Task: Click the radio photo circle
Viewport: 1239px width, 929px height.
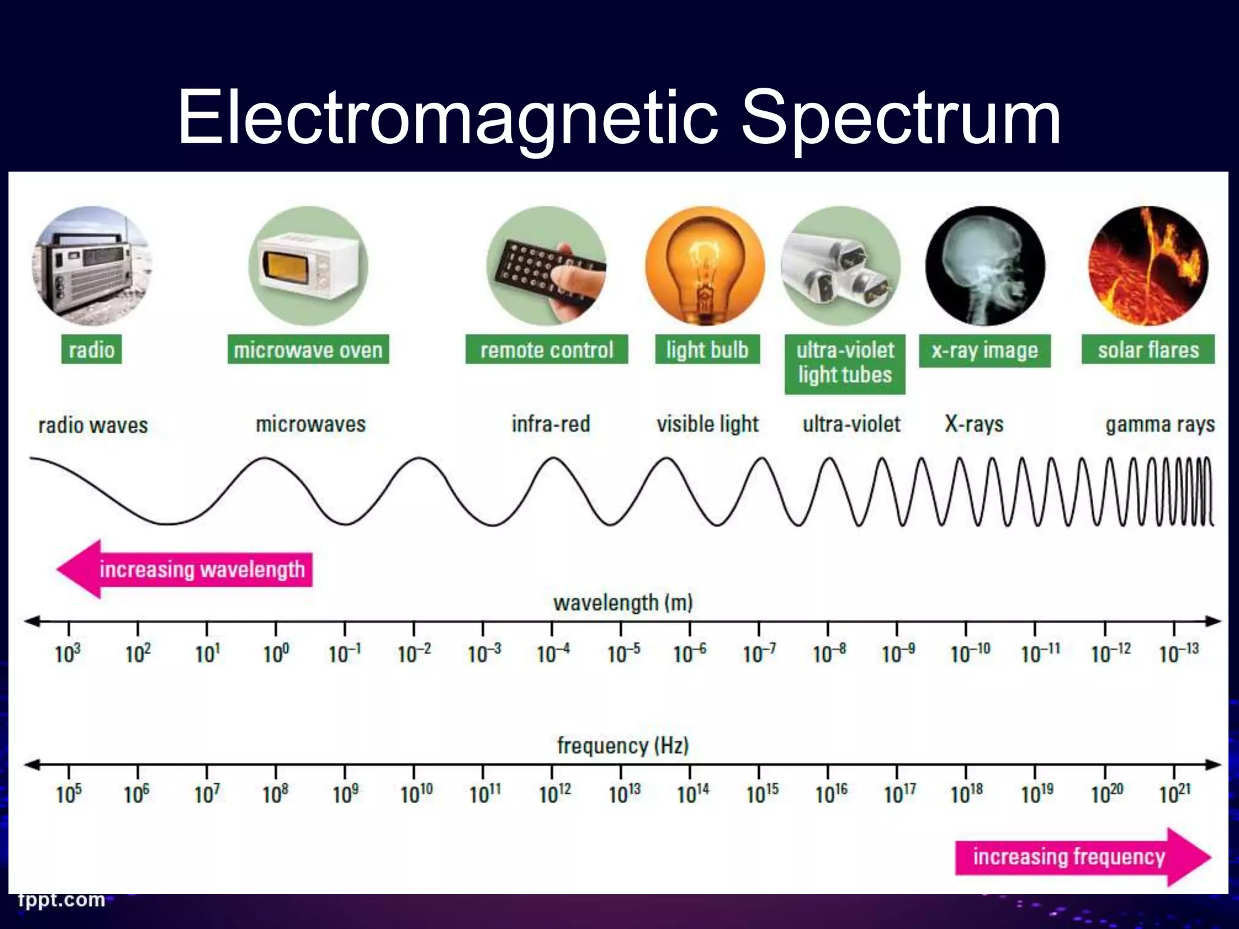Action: click(x=92, y=266)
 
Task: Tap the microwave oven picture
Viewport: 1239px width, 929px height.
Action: click(x=308, y=266)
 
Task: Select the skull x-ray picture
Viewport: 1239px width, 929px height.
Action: click(x=984, y=266)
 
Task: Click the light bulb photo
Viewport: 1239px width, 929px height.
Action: click(x=705, y=266)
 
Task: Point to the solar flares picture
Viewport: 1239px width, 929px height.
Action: click(x=1148, y=266)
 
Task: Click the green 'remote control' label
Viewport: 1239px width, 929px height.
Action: click(x=546, y=350)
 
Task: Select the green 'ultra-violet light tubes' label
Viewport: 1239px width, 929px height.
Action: click(x=845, y=363)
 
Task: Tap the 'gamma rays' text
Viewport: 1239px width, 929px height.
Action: click(x=1160, y=425)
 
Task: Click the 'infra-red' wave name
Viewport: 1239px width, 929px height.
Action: click(x=551, y=424)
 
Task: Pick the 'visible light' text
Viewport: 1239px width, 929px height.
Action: click(x=707, y=424)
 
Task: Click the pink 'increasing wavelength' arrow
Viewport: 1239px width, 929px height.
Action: click(x=185, y=569)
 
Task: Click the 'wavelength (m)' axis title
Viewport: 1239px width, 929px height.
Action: click(x=623, y=602)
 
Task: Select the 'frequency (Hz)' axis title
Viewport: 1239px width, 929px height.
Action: click(x=623, y=745)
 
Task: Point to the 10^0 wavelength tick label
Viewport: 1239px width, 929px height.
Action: click(x=276, y=653)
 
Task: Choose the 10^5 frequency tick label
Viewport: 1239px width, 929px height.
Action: click(x=69, y=794)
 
